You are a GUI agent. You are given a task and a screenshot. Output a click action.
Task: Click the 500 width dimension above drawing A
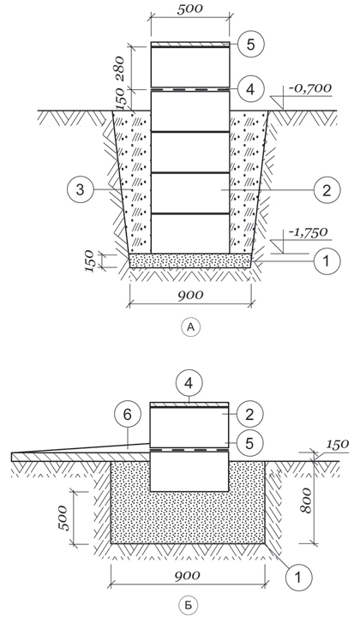click(189, 9)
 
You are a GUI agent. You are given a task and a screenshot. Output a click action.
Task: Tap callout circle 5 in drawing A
click(251, 45)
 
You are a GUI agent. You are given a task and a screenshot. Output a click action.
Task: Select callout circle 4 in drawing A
click(251, 89)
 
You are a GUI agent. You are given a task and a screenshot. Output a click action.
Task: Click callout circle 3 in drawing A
click(80, 190)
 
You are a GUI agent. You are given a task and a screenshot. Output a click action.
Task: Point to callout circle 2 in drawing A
click(327, 190)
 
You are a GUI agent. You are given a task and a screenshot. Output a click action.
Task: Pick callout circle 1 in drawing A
click(327, 261)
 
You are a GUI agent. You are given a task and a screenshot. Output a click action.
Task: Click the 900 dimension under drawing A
click(189, 295)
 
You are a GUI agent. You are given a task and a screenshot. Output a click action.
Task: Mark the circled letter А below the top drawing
click(191, 327)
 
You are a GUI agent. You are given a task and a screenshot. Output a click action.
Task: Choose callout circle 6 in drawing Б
click(127, 416)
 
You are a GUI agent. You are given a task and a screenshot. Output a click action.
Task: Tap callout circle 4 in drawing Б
click(189, 384)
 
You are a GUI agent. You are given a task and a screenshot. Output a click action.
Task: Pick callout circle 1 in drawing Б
click(298, 576)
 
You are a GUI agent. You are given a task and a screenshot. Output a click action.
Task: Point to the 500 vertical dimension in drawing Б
click(63, 518)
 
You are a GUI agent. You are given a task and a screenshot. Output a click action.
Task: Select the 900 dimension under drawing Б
click(187, 575)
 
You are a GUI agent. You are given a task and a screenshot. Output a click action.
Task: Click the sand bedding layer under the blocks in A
click(190, 261)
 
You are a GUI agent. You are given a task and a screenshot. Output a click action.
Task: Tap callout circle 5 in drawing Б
click(249, 443)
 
